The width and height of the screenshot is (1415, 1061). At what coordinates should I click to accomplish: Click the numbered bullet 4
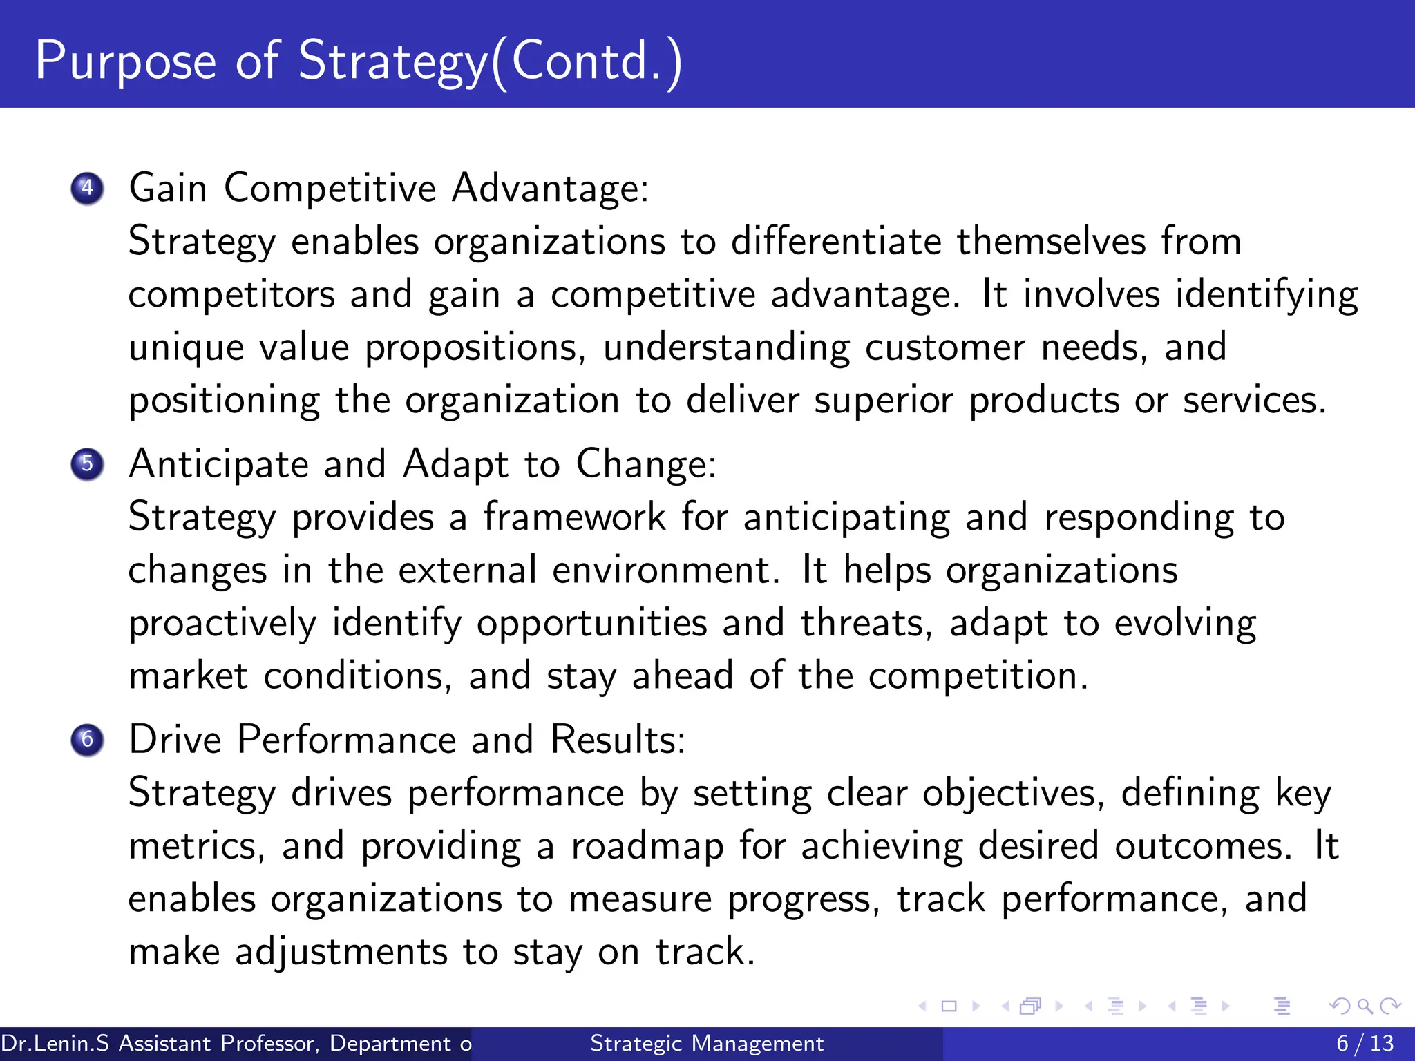87,188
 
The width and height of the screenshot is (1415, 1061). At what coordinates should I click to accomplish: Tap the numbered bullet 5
87,463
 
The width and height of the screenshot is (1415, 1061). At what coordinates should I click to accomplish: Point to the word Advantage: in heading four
550,188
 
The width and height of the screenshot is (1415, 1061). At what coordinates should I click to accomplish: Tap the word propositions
475,347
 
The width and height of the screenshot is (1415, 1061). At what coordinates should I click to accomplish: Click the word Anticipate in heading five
218,463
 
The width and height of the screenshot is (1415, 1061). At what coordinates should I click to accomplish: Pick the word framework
573,517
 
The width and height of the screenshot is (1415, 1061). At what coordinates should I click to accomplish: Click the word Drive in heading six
175,740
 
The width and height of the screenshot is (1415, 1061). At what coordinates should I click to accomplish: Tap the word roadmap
647,846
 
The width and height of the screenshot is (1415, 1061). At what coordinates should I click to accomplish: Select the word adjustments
341,952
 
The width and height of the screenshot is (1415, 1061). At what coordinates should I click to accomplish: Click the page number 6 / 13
1365,1043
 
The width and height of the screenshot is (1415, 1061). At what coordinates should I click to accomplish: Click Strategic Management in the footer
707,1043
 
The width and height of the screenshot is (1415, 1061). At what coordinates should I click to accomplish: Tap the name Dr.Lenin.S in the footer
55,1043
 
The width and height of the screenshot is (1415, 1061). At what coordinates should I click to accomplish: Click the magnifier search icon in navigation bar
1365,1006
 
